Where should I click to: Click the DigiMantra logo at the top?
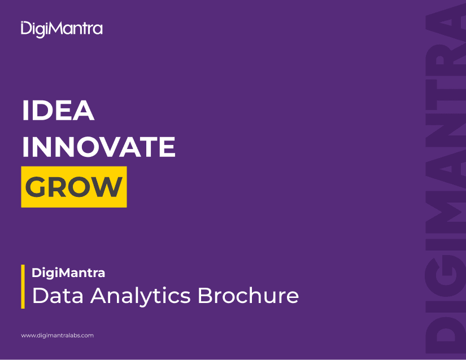pyautogui.click(x=62, y=29)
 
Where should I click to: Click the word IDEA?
pyautogui.click(x=58, y=111)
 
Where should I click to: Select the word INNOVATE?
pyautogui.click(x=99, y=147)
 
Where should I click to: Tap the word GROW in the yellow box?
pyautogui.click(x=73, y=187)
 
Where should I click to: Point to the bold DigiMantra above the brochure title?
pyautogui.click(x=68, y=273)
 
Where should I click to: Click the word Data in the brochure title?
pyautogui.click(x=58, y=296)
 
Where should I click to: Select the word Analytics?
pyautogui.click(x=141, y=297)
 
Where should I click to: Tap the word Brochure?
pyautogui.click(x=248, y=295)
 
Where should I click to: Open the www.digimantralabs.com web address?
pyautogui.click(x=58, y=336)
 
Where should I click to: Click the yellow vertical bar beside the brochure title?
pyautogui.click(x=23, y=287)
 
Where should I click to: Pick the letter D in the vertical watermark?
pyautogui.click(x=445, y=335)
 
